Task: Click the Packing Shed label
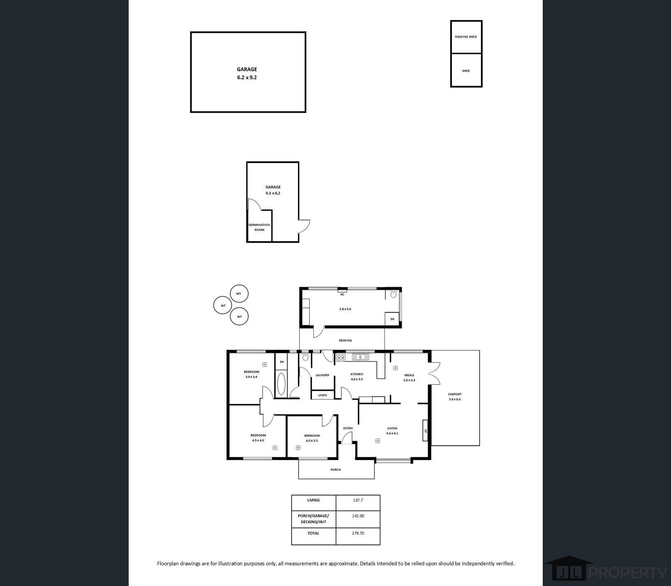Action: tap(465, 37)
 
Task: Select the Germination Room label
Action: tap(259, 227)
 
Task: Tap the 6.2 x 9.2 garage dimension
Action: tap(247, 77)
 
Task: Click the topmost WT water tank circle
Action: tap(239, 294)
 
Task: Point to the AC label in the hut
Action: tap(342, 294)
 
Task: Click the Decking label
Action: tap(345, 340)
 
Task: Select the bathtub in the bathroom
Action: tap(281, 384)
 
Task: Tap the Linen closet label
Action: tap(322, 395)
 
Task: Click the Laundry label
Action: tap(322, 375)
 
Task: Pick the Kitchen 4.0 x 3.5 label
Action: tap(356, 377)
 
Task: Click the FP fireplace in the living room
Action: tap(426, 430)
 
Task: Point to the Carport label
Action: tap(455, 396)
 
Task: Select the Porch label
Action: tap(335, 470)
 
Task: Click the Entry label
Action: tap(348, 428)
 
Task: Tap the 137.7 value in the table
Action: tap(358, 500)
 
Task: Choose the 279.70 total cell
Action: tap(358, 533)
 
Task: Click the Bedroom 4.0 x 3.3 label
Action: tap(312, 438)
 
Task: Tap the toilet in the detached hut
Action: tap(393, 294)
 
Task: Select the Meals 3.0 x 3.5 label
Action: tap(409, 377)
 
